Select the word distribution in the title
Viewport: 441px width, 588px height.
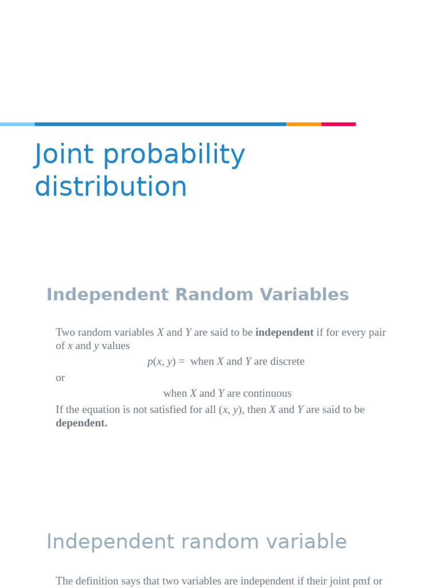pos(111,187)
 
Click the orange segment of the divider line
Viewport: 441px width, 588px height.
pos(304,124)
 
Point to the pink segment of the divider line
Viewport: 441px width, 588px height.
pos(338,124)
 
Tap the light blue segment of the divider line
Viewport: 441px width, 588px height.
pos(17,124)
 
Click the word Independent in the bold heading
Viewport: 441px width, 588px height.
pos(107,295)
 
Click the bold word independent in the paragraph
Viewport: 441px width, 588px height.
pos(284,332)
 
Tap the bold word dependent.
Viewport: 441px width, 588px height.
pos(81,423)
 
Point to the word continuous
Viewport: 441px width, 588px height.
pos(267,393)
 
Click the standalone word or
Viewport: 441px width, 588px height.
pos(60,378)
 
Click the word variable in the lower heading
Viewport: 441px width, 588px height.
pos(310,541)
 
